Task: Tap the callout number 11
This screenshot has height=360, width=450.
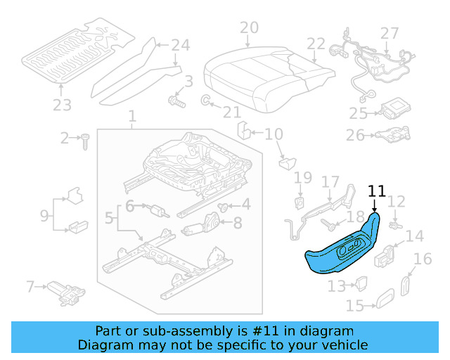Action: click(377, 191)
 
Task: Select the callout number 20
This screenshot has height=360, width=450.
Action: click(249, 28)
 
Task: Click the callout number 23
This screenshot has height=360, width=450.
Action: click(62, 106)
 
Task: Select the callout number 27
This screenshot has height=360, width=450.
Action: click(389, 33)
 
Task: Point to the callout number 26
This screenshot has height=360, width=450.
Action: click(356, 134)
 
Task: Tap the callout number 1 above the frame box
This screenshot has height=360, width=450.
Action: click(132, 115)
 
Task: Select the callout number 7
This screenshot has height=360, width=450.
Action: click(30, 286)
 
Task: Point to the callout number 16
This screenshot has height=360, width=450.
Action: click(423, 260)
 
